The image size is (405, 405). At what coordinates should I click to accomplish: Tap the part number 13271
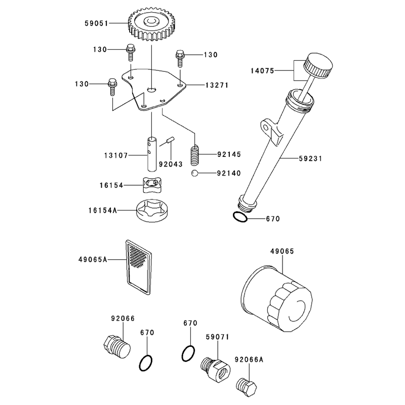click(217, 85)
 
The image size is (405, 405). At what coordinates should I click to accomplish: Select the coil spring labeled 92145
click(195, 155)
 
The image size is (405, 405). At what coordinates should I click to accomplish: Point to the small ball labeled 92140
click(195, 173)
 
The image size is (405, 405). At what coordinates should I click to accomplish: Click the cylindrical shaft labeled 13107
click(152, 154)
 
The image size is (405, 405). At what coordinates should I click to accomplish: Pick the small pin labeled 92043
click(171, 140)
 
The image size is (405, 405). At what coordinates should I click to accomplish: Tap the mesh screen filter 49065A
click(138, 267)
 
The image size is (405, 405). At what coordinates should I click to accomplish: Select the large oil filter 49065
click(276, 298)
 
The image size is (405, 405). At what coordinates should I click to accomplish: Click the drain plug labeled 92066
click(117, 346)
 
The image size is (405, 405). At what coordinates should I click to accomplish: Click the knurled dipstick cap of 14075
click(318, 66)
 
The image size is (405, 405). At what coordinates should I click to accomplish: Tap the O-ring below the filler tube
click(240, 217)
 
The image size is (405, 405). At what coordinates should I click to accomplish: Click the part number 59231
click(310, 158)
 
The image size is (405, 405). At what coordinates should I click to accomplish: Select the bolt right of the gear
click(180, 58)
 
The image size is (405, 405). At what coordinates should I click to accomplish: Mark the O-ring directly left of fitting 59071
click(188, 353)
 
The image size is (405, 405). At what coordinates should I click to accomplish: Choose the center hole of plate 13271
click(151, 90)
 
